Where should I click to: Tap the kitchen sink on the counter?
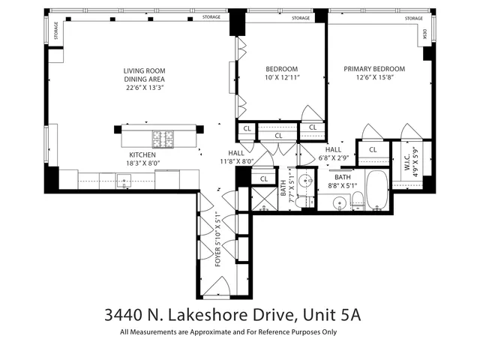(x=123, y=178)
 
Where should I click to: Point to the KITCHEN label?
(x=142, y=154)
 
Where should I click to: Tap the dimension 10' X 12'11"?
(x=283, y=78)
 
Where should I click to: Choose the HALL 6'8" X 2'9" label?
(x=333, y=153)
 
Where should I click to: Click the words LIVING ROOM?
(x=145, y=71)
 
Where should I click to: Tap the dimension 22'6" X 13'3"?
(x=145, y=88)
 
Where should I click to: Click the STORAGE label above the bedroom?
(x=300, y=17)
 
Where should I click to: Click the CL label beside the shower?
(x=263, y=179)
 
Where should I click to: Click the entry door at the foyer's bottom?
(x=217, y=283)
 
